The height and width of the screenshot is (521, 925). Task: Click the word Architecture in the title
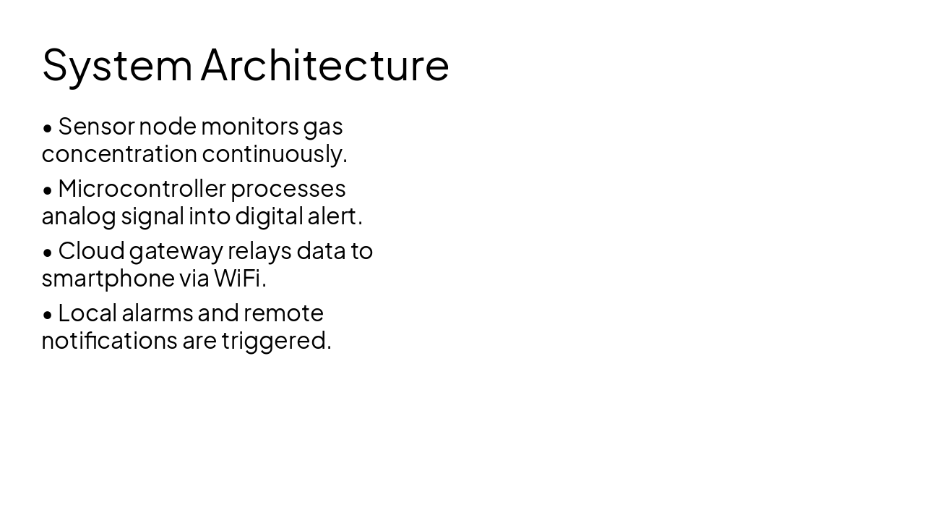click(x=325, y=65)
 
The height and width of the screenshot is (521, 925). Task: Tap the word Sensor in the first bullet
click(x=96, y=127)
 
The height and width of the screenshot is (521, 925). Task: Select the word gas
click(x=322, y=127)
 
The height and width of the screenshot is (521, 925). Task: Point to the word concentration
click(x=119, y=154)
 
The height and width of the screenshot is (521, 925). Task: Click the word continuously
click(x=274, y=154)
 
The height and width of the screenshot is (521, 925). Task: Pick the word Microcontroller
click(x=142, y=189)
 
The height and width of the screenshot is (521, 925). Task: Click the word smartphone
click(x=108, y=279)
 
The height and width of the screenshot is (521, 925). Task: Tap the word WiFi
click(x=239, y=278)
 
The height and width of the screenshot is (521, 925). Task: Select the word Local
click(x=87, y=313)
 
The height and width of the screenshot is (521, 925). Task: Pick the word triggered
click(x=275, y=341)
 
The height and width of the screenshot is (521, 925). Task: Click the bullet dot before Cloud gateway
click(x=48, y=252)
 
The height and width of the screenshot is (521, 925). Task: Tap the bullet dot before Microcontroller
click(x=48, y=190)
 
